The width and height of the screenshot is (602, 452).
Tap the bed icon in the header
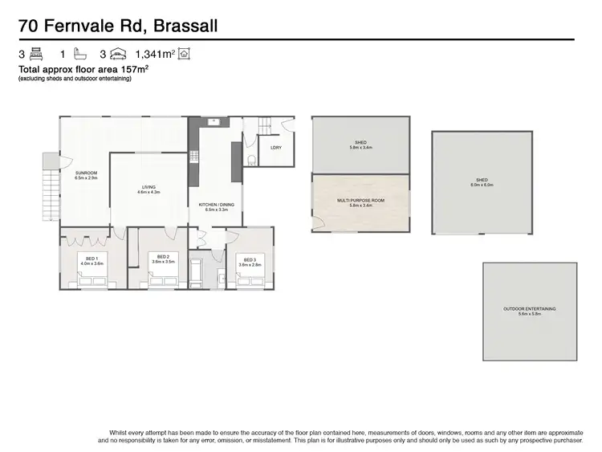(36, 55)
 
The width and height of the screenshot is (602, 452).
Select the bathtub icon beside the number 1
(79, 55)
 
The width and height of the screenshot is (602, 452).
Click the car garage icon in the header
(119, 55)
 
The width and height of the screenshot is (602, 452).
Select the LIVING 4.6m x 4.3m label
(148, 189)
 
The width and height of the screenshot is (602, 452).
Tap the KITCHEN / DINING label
(217, 206)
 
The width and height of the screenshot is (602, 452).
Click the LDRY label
(275, 147)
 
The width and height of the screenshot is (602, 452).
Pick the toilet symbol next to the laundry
(252, 159)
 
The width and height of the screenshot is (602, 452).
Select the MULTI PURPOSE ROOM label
(361, 202)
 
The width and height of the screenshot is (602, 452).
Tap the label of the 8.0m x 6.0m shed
(481, 181)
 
